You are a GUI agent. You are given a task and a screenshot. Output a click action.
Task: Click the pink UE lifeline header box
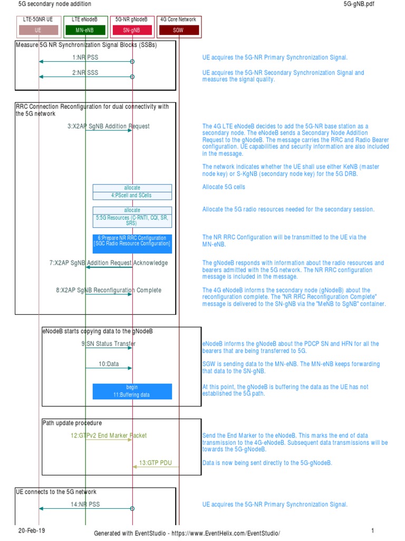pyautogui.click(x=38, y=30)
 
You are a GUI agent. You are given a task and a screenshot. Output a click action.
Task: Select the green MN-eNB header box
pyautogui.click(x=85, y=30)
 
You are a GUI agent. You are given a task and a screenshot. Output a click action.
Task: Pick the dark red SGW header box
pyautogui.click(x=178, y=30)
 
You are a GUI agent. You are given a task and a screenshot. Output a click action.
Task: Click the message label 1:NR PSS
pyautogui.click(x=85, y=57)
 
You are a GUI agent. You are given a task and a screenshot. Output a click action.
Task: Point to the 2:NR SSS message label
pyautogui.click(x=85, y=72)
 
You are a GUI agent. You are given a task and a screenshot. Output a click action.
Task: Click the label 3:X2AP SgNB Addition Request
pyautogui.click(x=108, y=126)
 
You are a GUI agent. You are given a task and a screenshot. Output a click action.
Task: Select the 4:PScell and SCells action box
pyautogui.click(x=132, y=195)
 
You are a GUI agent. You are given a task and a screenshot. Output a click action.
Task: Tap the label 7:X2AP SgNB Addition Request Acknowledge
pyautogui.click(x=109, y=263)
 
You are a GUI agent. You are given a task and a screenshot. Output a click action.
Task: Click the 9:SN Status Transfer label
pyautogui.click(x=108, y=344)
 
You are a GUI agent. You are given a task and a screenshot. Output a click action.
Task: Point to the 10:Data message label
pyautogui.click(x=109, y=364)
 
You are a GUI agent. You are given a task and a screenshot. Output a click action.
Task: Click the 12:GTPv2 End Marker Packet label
pyautogui.click(x=109, y=435)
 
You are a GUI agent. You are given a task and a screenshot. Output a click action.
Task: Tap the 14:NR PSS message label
pyautogui.click(x=85, y=504)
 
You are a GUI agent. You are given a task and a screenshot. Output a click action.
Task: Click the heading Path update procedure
pyautogui.click(x=72, y=423)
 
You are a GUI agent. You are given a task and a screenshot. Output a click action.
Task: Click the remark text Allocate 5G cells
pyautogui.click(x=224, y=187)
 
